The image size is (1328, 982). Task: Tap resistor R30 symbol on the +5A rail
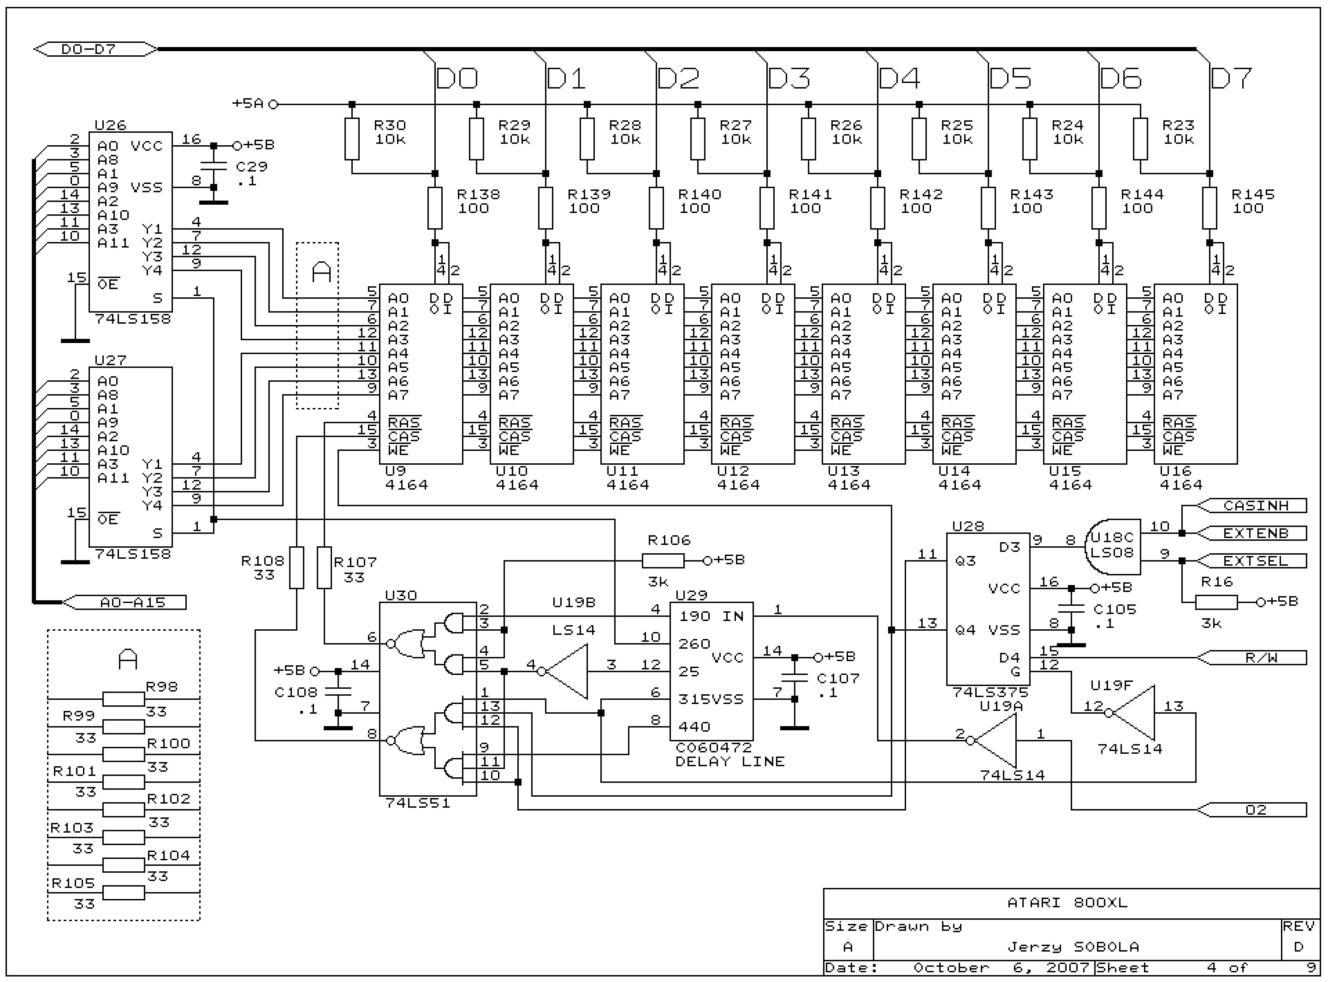click(352, 139)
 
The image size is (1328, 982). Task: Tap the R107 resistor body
click(324, 568)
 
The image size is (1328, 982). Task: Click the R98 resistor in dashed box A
click(124, 699)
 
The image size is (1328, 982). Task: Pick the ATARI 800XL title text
click(1067, 902)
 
